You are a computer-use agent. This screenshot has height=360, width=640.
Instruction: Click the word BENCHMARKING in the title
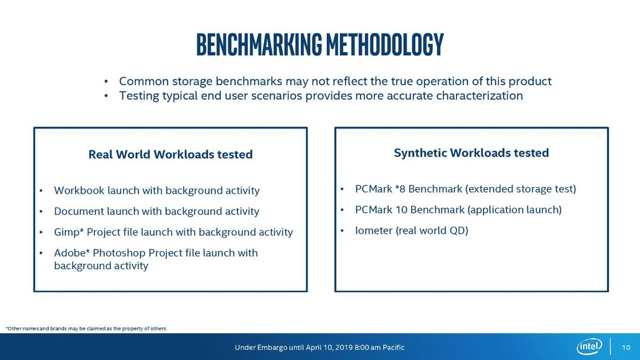click(259, 44)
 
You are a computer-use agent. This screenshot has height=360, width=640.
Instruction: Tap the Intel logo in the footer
click(589, 347)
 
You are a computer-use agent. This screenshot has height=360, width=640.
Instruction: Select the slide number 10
click(626, 347)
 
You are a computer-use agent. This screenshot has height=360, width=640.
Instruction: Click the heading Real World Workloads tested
click(171, 154)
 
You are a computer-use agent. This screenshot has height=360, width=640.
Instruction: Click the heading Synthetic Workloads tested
click(471, 153)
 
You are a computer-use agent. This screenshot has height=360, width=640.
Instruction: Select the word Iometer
click(374, 230)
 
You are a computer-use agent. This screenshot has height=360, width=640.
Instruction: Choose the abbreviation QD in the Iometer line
click(457, 230)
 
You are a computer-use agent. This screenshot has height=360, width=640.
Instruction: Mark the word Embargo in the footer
click(273, 347)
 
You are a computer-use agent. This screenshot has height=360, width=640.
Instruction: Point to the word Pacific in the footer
click(394, 347)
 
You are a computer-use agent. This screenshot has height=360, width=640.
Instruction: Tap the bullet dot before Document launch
click(41, 212)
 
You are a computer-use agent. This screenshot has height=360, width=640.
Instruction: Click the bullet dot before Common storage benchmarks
click(106, 82)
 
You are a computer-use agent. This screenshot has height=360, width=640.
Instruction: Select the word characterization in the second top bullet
click(479, 95)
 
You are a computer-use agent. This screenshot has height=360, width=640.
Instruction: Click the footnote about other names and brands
click(86, 329)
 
